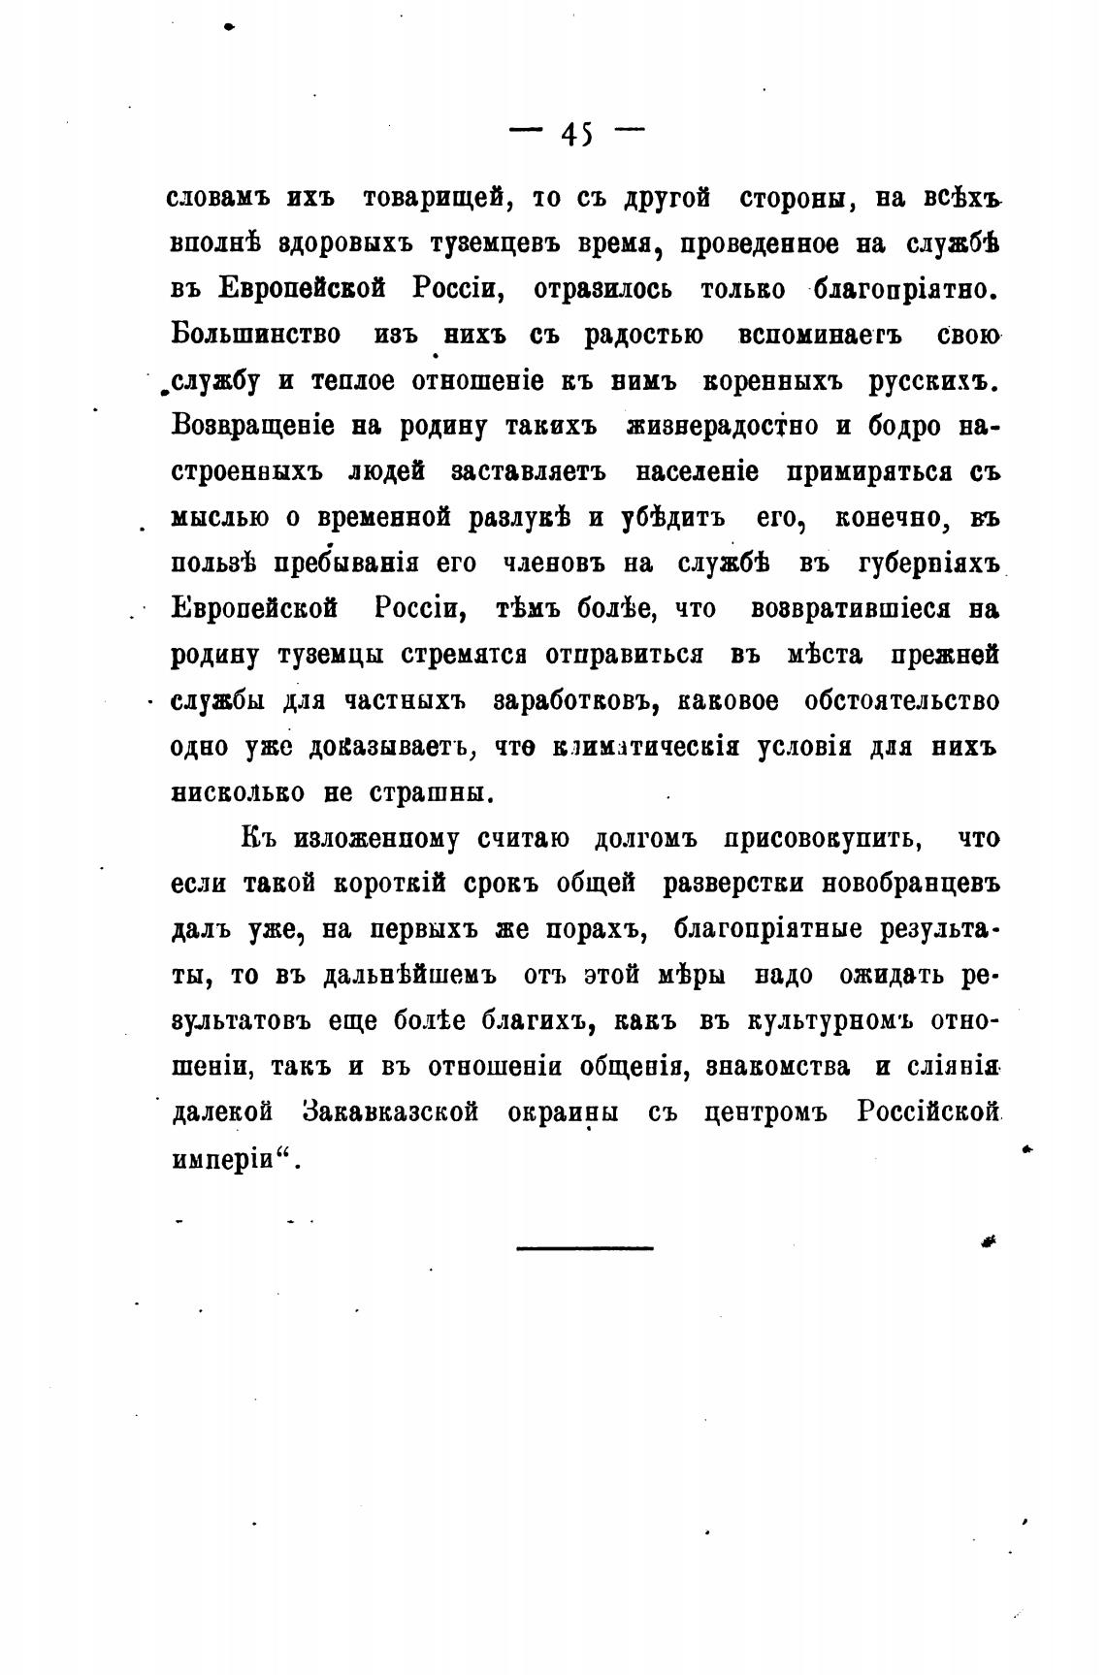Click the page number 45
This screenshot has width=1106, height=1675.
tap(576, 134)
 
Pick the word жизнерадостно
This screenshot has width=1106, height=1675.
tap(725, 426)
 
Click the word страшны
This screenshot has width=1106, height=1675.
tap(433, 792)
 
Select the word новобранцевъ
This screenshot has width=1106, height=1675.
tap(910, 884)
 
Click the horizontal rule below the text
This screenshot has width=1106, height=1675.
tap(584, 1247)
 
